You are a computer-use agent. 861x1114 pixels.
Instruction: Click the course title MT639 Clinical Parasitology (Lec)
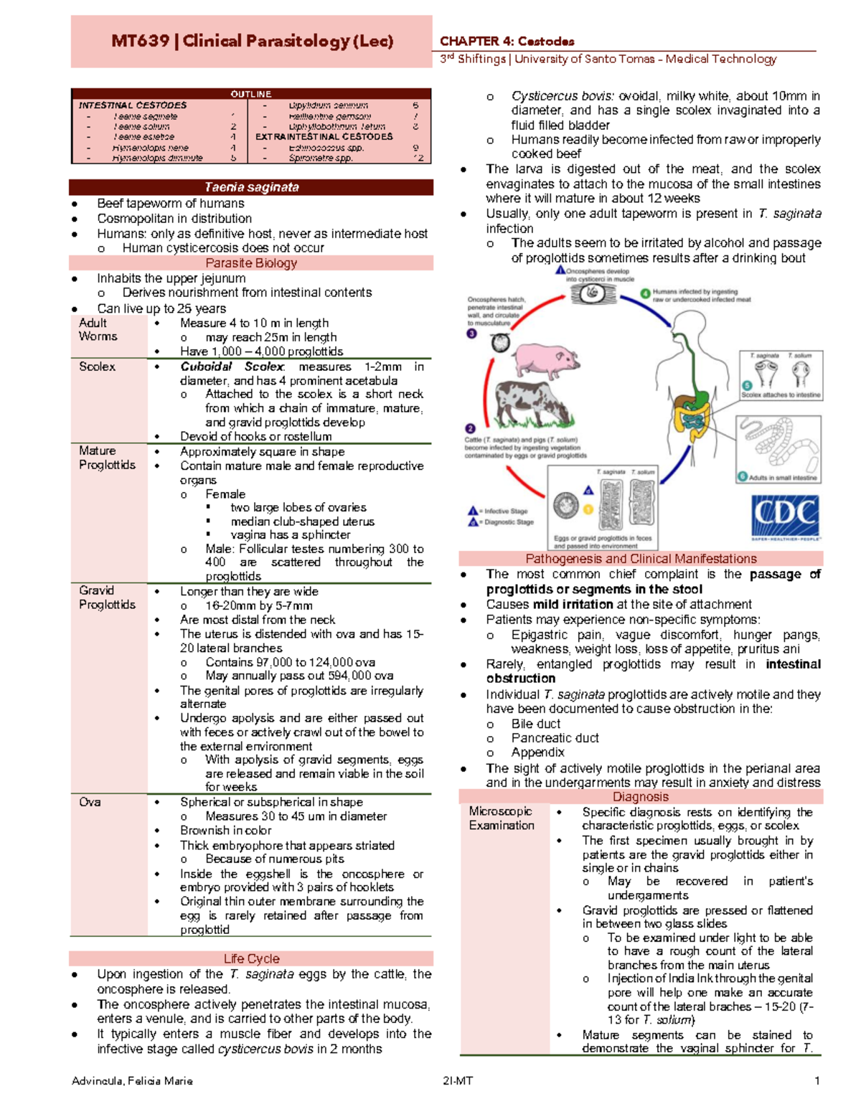(x=252, y=41)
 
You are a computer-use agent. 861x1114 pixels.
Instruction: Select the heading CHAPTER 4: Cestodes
(x=507, y=41)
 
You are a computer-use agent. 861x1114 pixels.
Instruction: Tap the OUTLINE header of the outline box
(x=251, y=94)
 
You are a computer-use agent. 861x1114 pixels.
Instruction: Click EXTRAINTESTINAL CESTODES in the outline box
(x=324, y=136)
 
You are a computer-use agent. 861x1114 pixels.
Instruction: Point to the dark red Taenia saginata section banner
(x=251, y=187)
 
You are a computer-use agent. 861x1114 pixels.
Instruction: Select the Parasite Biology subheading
(x=251, y=263)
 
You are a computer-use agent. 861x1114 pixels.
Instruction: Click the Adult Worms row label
(x=98, y=329)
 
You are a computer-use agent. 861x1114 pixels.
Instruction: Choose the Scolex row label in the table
(x=97, y=367)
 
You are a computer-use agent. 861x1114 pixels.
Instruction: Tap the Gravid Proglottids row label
(x=107, y=598)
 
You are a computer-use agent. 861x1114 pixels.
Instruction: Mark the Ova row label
(x=90, y=802)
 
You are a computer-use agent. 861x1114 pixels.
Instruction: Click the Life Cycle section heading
(x=251, y=958)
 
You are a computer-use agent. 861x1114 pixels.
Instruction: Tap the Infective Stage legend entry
(x=499, y=511)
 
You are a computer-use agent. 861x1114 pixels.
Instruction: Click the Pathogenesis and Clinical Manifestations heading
(x=641, y=559)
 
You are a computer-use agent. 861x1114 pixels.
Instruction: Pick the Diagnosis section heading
(x=641, y=797)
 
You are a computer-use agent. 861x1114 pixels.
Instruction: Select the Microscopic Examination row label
(x=502, y=818)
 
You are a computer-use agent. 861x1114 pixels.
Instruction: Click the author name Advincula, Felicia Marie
(x=132, y=1081)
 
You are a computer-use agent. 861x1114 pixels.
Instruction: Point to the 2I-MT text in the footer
(x=458, y=1081)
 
